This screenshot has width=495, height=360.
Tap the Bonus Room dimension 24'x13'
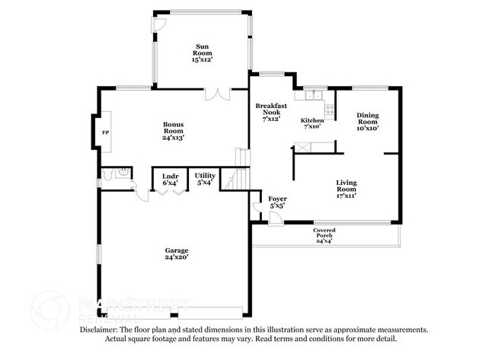173,138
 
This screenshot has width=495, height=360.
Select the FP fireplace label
105,132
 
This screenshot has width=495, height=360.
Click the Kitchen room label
312,120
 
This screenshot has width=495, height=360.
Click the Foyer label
276,201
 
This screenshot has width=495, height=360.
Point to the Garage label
177,250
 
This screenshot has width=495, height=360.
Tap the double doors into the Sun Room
217,95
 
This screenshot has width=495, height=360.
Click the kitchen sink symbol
311,95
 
